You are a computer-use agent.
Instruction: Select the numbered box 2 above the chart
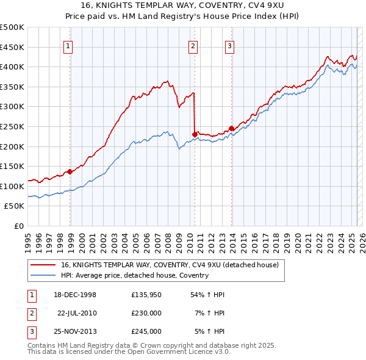tap(193, 45)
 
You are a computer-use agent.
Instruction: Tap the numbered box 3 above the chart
tap(229, 45)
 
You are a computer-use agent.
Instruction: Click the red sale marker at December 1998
tap(70, 171)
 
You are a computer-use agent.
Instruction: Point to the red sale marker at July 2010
tap(195, 134)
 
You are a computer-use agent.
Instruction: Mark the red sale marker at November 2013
tap(231, 128)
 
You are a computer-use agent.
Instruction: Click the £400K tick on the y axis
tap(12, 67)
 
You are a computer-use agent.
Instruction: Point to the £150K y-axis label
tap(12, 166)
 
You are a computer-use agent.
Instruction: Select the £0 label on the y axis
tap(18, 226)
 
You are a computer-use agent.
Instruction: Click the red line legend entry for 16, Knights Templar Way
tap(170, 265)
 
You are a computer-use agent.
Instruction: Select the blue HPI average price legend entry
tap(135, 275)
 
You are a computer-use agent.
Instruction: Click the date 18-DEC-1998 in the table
tap(75, 295)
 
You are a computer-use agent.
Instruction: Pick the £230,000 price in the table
tap(146, 313)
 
